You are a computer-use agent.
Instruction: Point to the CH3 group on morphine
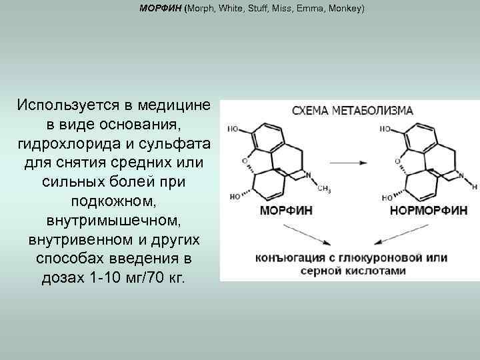pos(325,189)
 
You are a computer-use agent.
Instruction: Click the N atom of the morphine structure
pos(307,175)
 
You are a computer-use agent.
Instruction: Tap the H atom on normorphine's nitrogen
pos(473,182)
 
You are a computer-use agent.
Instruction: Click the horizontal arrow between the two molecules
pos(348,163)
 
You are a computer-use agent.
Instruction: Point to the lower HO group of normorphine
pos(386,197)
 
